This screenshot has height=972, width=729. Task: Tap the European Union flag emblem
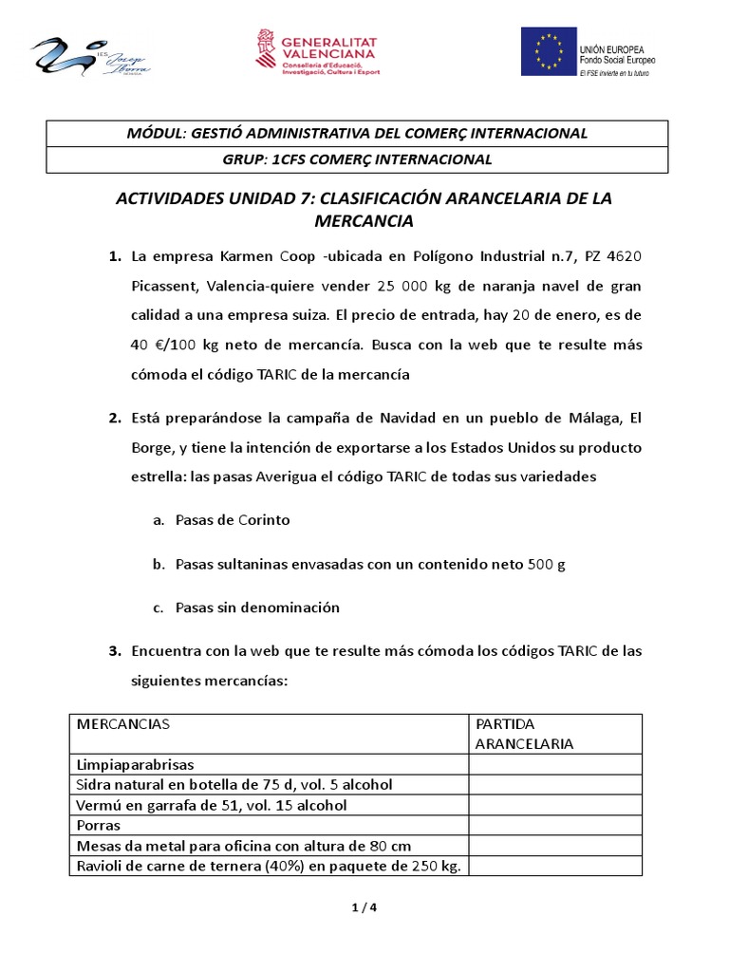[549, 52]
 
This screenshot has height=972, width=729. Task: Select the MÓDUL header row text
[357, 133]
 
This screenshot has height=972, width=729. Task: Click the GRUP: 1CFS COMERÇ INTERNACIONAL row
[357, 159]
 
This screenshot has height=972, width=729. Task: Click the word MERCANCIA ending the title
[364, 221]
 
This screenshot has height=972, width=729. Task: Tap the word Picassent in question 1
[164, 286]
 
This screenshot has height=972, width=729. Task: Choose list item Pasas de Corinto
[233, 520]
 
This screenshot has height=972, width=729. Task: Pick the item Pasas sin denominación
[257, 607]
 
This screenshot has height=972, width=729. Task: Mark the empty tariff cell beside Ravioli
[555, 866]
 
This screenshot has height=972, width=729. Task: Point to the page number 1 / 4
[364, 907]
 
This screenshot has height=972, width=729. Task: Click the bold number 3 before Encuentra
[113, 651]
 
